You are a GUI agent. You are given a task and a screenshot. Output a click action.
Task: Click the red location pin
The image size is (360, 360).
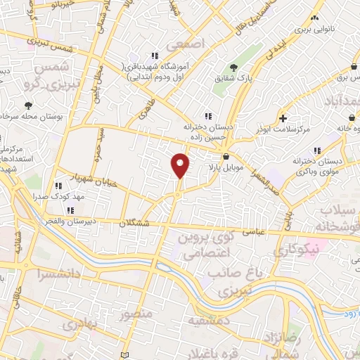click(181, 166)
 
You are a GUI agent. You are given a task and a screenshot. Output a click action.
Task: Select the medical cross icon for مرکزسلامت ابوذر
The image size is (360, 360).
click(283, 118)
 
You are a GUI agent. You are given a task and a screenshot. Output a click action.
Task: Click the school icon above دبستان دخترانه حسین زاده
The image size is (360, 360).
click(207, 116)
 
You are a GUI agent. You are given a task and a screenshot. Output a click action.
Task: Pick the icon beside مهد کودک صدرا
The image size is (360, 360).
click(59, 186)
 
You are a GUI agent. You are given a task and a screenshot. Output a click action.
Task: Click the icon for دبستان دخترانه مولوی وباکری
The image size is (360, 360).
click(317, 150)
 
